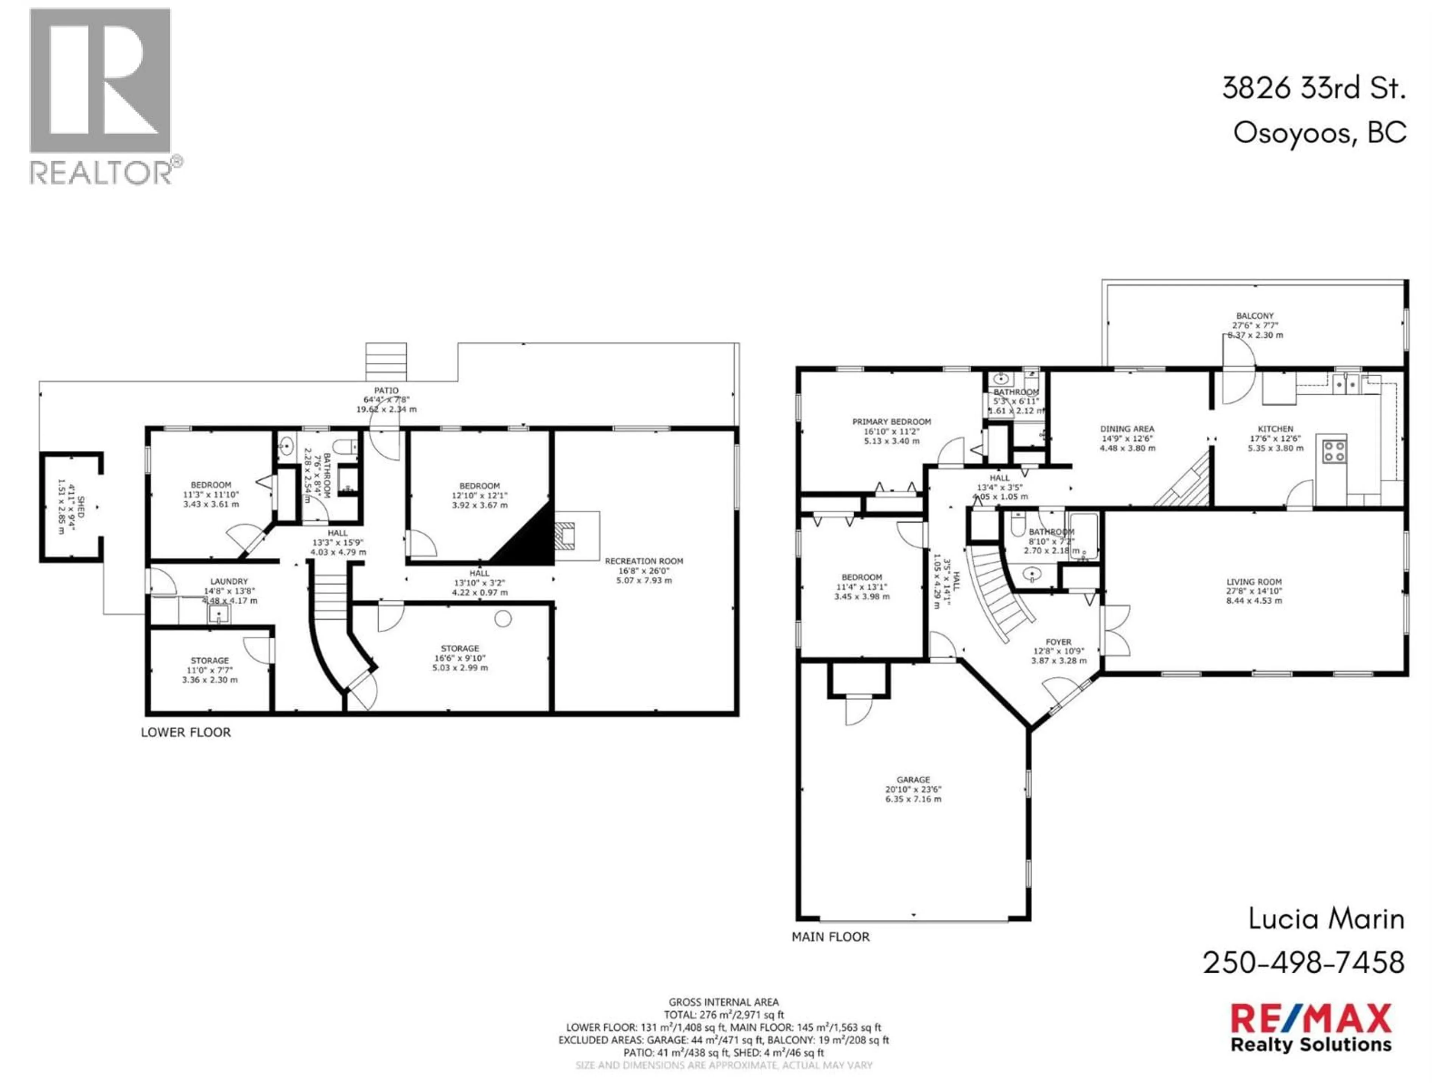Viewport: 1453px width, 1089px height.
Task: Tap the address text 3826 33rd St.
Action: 1314,88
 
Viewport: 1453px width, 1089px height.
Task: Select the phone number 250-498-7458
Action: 1304,963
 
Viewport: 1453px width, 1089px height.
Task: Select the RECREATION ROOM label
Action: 644,561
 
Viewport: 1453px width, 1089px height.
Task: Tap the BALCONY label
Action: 1255,316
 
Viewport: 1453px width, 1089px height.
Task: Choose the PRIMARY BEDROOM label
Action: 891,422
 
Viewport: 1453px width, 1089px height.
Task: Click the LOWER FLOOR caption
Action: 186,732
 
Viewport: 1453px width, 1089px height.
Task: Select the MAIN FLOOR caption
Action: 830,937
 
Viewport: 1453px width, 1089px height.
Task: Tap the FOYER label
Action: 1058,642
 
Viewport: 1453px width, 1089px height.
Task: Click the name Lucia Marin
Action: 1325,919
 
